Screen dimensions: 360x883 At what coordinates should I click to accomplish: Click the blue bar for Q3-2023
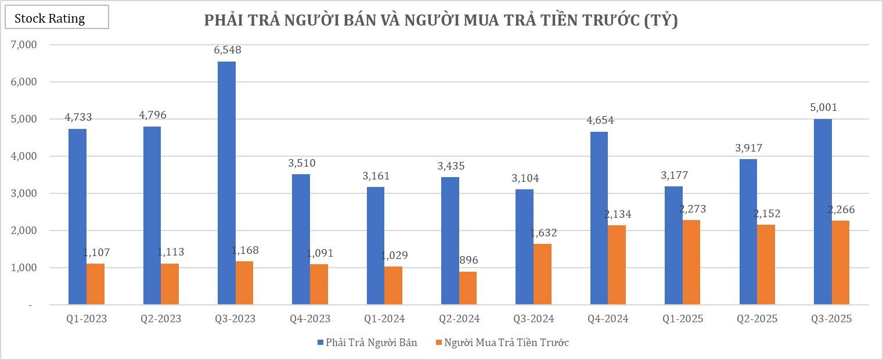pyautogui.click(x=226, y=183)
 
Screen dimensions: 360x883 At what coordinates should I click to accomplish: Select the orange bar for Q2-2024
pyautogui.click(x=468, y=288)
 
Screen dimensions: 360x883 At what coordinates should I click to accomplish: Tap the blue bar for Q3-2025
pyautogui.click(x=823, y=211)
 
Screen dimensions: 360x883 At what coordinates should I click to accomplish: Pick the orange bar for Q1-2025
pyautogui.click(x=691, y=262)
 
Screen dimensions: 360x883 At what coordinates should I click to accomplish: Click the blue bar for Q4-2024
pyautogui.click(x=599, y=218)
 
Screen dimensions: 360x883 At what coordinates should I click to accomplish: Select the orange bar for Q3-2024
pyautogui.click(x=542, y=274)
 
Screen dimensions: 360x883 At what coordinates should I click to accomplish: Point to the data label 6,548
pyautogui.click(x=228, y=51)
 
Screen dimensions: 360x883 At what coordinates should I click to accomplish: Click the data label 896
pyautogui.click(x=468, y=261)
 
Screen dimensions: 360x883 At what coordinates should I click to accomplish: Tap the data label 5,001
pyautogui.click(x=824, y=107)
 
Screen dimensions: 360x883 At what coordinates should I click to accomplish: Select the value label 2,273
pyautogui.click(x=692, y=209)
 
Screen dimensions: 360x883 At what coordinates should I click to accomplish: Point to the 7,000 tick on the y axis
pyautogui.click(x=24, y=45)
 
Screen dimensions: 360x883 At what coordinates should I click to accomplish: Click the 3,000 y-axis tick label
pyautogui.click(x=24, y=193)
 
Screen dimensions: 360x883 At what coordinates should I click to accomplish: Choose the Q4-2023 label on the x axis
pyautogui.click(x=310, y=319)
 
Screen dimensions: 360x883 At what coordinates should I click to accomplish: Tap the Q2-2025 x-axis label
pyautogui.click(x=757, y=319)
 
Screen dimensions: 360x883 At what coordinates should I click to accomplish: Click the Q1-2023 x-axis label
pyautogui.click(x=87, y=319)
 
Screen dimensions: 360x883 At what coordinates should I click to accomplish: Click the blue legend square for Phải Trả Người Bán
pyautogui.click(x=320, y=343)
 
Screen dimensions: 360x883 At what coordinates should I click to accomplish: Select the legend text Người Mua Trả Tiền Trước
pyautogui.click(x=506, y=343)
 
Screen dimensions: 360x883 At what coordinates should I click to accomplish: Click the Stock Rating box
pyautogui.click(x=56, y=17)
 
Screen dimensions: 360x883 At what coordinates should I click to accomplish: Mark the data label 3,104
pyautogui.click(x=525, y=179)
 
